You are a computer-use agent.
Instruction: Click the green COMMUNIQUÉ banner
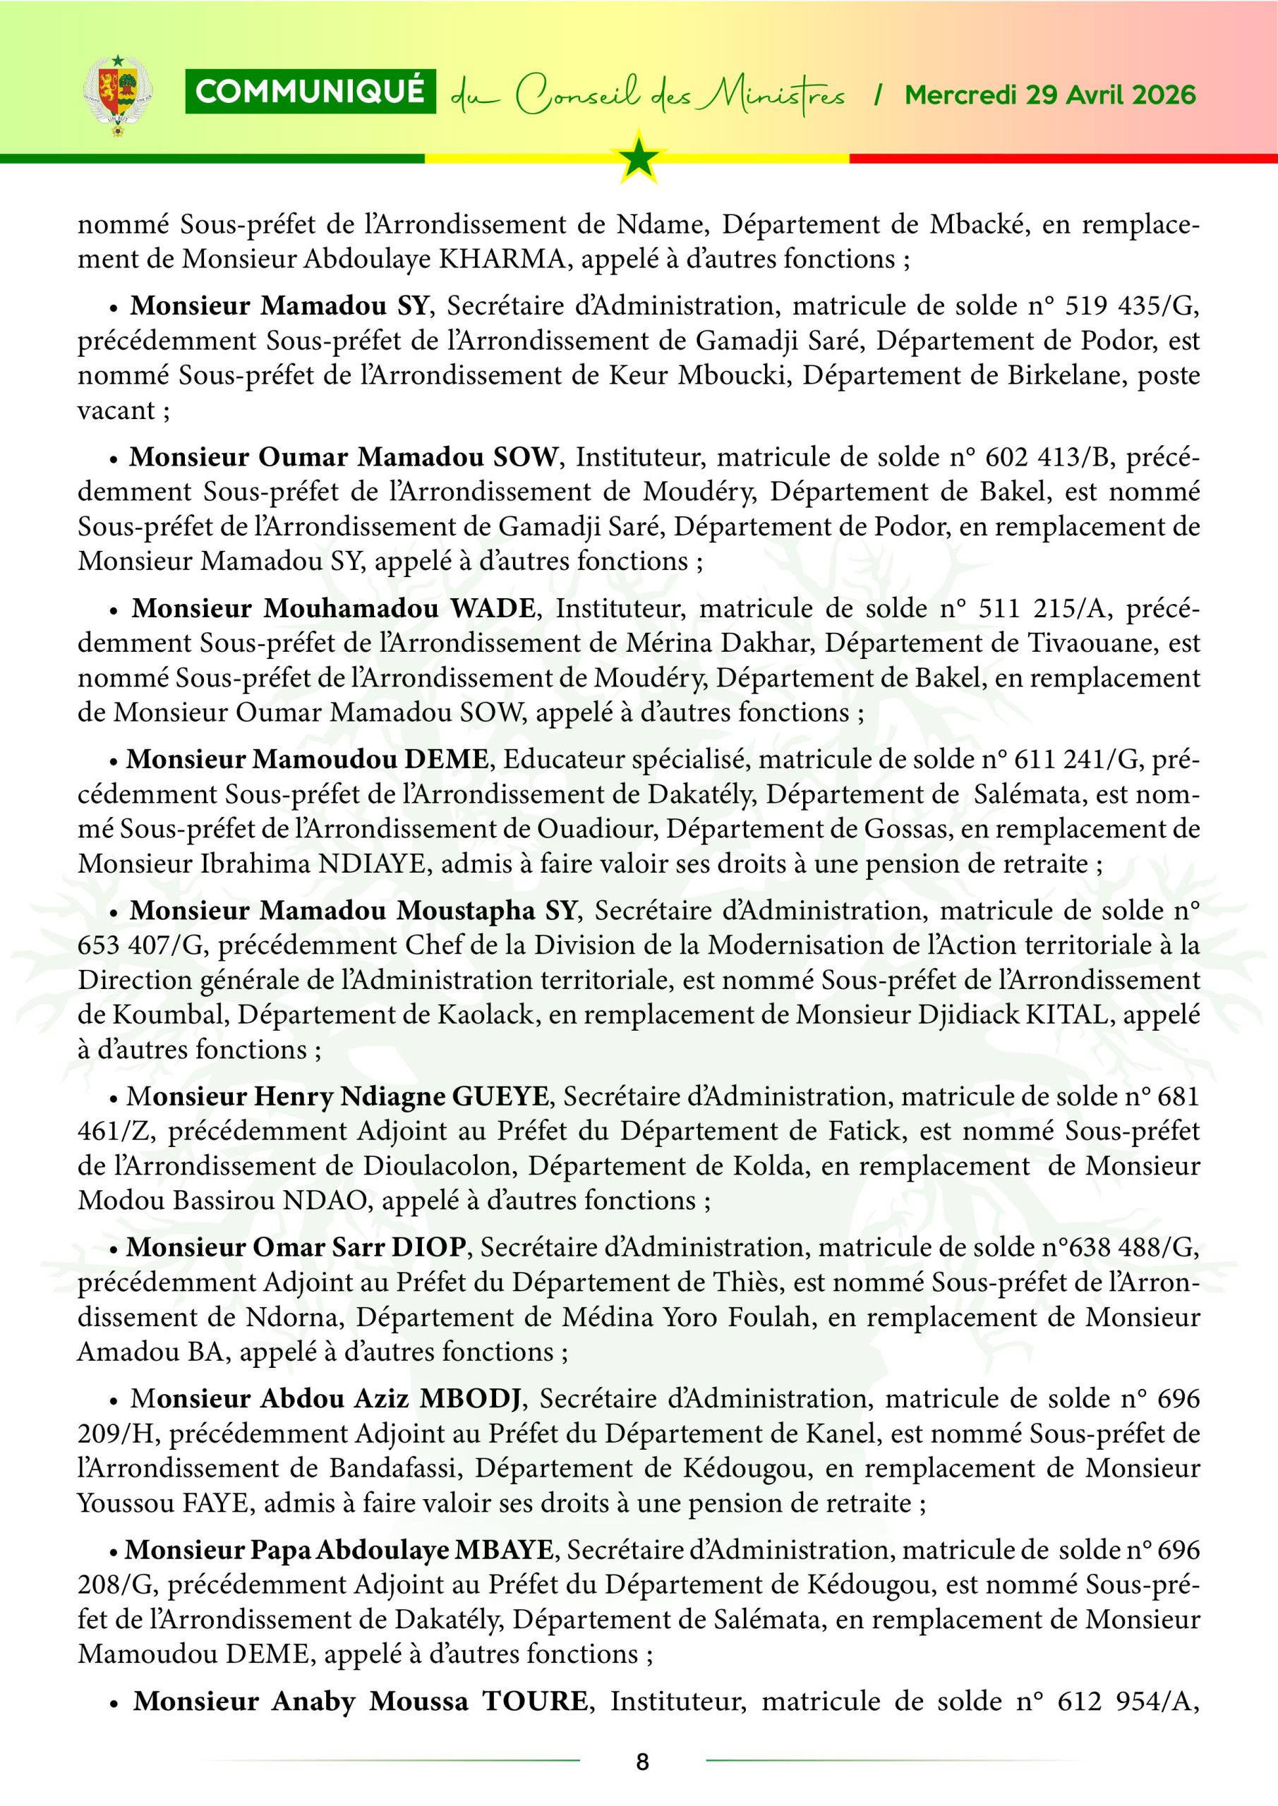click(x=310, y=93)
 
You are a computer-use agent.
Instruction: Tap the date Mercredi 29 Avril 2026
click(x=1050, y=95)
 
